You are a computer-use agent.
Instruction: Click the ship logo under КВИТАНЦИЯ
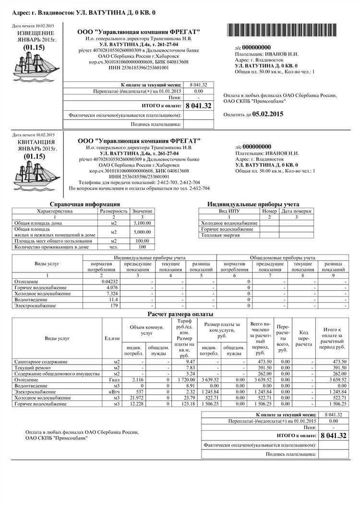point(33,175)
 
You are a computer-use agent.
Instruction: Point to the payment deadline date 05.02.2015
point(268,114)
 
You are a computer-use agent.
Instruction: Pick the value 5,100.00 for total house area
point(142,223)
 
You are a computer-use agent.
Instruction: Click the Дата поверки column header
point(296,211)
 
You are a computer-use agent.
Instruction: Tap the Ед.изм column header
point(112,338)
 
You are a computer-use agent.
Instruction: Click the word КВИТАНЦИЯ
point(36,142)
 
